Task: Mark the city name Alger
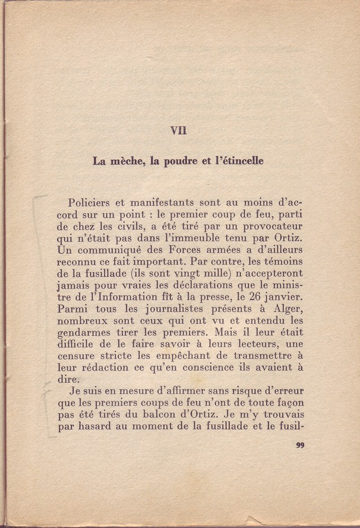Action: tap(287, 310)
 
